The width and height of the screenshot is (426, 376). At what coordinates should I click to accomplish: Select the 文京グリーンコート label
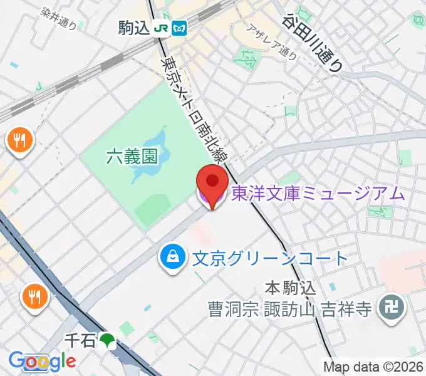[x=269, y=258]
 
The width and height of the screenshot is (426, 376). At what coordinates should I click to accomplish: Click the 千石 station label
[x=80, y=340]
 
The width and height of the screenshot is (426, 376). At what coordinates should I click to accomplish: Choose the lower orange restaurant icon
[x=33, y=296]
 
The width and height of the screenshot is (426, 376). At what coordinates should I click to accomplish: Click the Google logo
[x=42, y=361]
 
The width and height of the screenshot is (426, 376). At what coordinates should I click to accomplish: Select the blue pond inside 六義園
[x=150, y=157]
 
